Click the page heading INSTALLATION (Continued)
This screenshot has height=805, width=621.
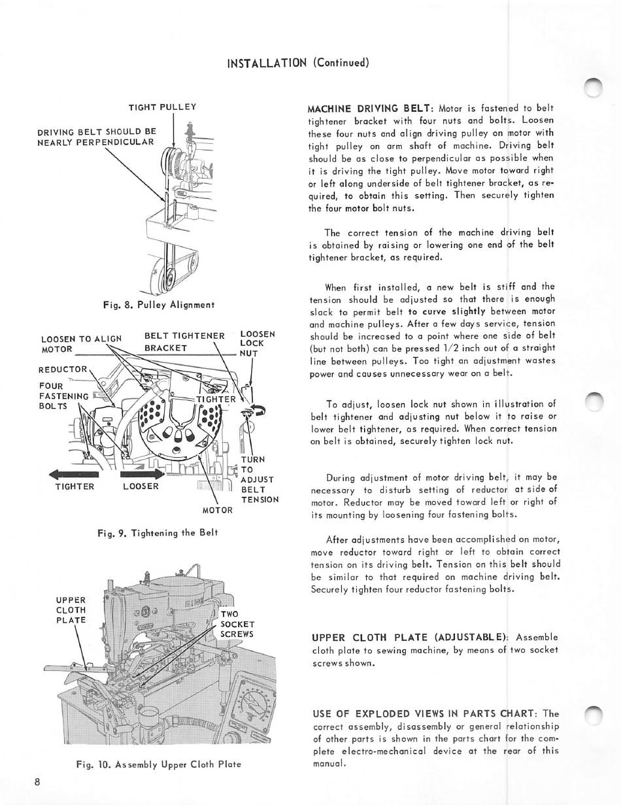point(298,63)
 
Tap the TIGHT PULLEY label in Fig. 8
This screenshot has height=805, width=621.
point(162,107)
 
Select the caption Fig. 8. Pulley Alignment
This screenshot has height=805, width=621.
point(159,305)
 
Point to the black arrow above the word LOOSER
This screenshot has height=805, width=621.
point(141,473)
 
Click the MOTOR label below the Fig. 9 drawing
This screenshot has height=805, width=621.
point(218,510)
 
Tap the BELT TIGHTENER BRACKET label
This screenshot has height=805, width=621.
point(184,342)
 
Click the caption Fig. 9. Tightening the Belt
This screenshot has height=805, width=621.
point(157,532)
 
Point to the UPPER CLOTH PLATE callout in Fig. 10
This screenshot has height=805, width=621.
point(71,609)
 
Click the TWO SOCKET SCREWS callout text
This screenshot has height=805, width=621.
point(237,624)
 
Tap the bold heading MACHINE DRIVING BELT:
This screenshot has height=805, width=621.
point(371,108)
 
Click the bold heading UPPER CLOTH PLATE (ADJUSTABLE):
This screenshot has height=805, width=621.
point(411,638)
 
